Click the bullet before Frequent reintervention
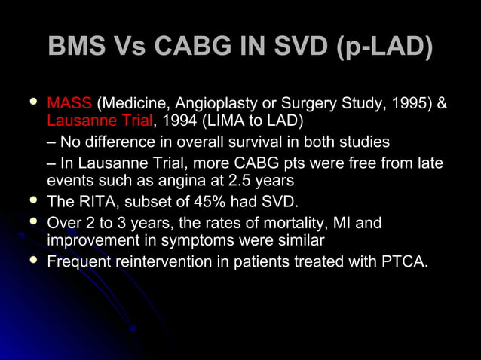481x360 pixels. [31, 261]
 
